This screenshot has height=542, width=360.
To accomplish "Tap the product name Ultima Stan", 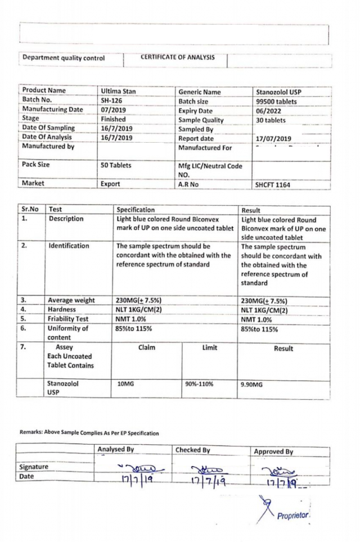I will [118, 91].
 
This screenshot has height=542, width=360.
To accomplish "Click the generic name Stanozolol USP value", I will [279, 92].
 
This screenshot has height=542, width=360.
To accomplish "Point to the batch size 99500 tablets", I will [276, 101].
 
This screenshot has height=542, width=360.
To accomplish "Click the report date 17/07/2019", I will [273, 138].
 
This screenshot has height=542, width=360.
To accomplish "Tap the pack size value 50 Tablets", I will [116, 166].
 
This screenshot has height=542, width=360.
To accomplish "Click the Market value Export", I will [110, 183].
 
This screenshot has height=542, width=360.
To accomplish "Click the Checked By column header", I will [192, 450].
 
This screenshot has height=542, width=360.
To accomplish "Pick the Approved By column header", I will [273, 451].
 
